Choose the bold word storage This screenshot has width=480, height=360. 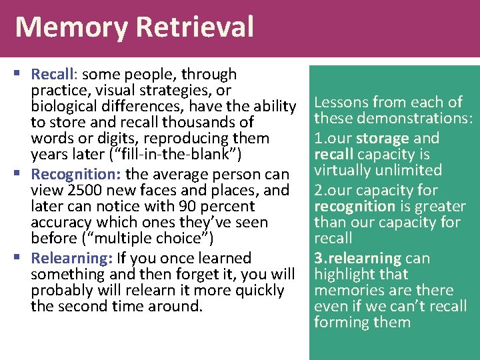[x=383, y=138]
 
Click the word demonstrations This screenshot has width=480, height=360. [x=412, y=119]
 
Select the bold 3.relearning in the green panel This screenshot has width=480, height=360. [x=357, y=258]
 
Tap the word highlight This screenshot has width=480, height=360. [x=343, y=274]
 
